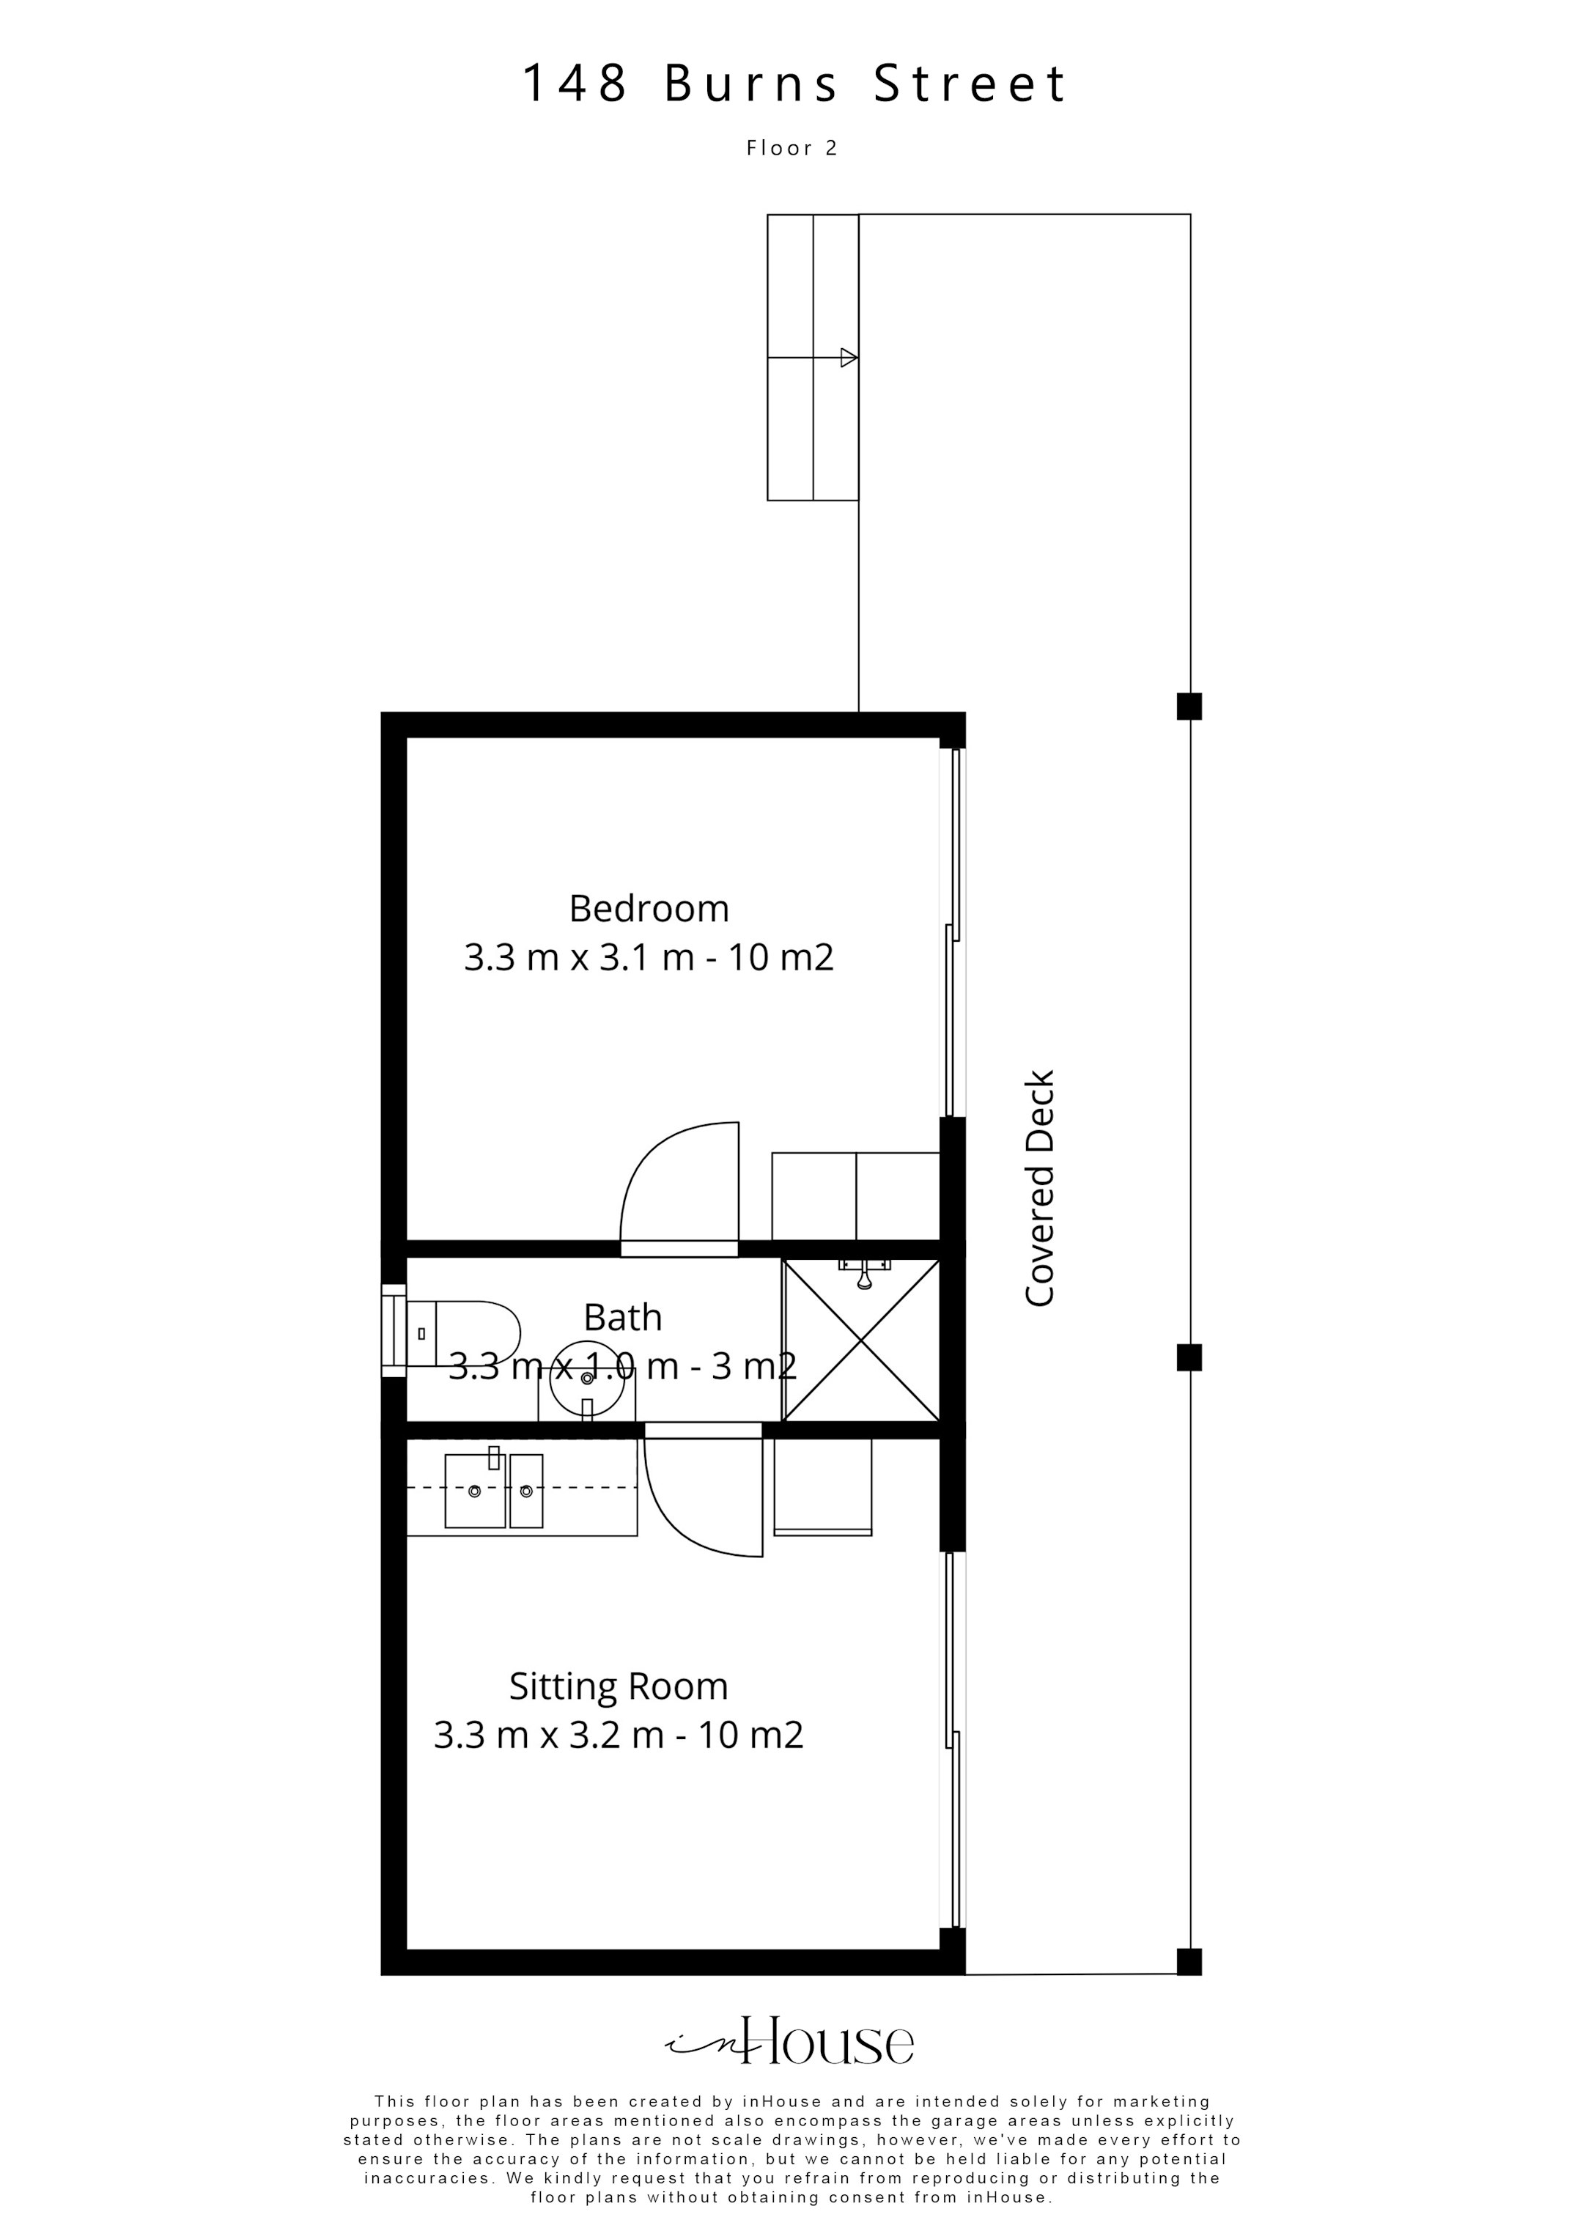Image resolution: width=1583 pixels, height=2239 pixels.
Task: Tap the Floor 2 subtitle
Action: (792, 148)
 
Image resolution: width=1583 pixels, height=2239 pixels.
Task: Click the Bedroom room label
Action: (649, 909)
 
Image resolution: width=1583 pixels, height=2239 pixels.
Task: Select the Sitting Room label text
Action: (619, 1686)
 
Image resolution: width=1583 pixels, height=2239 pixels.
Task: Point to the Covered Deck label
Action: (1041, 1188)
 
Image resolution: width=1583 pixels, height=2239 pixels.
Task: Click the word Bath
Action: (622, 1318)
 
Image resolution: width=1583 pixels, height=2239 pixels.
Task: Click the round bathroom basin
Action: (587, 1377)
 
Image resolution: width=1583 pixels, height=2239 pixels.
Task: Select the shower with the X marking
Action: (861, 1341)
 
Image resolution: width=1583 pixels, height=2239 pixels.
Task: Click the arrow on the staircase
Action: (848, 358)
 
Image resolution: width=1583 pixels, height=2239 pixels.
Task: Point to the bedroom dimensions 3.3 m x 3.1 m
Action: (649, 958)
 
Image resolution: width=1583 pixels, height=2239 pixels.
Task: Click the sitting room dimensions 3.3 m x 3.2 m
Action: (619, 1735)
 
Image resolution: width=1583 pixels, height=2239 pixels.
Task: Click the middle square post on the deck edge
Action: (1189, 1357)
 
